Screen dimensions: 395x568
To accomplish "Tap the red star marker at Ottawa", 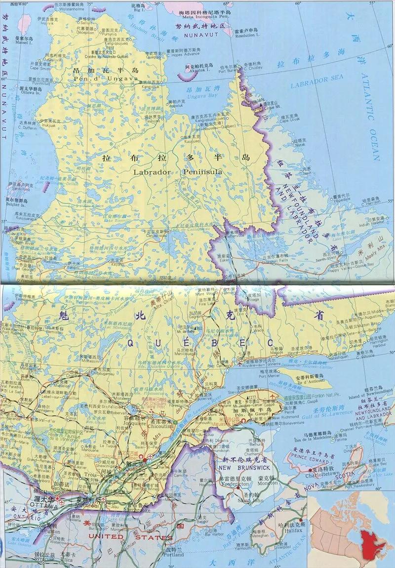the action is [x=57, y=498].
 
